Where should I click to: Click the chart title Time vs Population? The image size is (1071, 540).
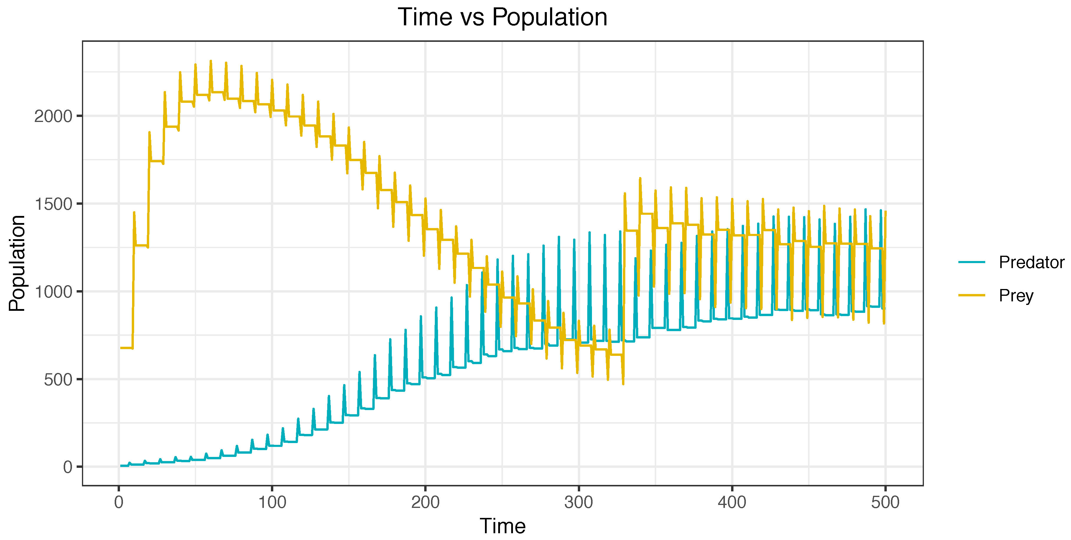coord(502,17)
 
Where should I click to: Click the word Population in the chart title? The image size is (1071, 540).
coord(549,17)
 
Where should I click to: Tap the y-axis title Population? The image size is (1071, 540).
coord(17,263)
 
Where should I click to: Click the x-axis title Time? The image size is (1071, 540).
coord(502,526)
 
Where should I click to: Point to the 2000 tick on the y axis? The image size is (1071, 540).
coord(53,116)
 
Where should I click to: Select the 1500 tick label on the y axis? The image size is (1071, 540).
coord(53,204)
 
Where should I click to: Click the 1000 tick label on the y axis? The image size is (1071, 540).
coord(53,292)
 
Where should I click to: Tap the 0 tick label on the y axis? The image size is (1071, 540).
coord(67,467)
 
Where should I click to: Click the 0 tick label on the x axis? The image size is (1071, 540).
coord(119,503)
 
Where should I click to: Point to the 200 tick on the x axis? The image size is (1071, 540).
coord(425,503)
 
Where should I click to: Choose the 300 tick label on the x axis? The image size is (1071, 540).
coord(578,503)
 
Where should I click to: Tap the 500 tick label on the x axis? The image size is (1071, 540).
coord(885,503)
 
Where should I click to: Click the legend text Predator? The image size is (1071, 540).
coord(1031,262)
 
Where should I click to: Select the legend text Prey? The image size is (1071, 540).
coord(1016,295)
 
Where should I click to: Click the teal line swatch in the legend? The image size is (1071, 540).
coord(972,262)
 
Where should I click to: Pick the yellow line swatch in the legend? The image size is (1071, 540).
coord(972,295)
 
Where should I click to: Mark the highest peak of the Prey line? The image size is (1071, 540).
coord(211,61)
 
